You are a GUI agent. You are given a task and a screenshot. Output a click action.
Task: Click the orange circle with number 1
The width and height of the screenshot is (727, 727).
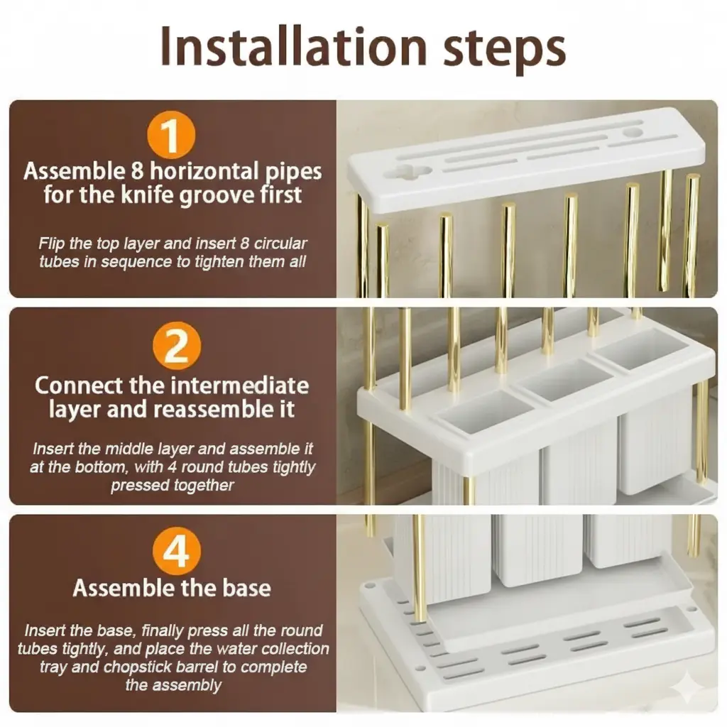(171, 134)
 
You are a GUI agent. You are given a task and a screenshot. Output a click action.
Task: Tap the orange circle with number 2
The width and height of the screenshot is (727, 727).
(177, 346)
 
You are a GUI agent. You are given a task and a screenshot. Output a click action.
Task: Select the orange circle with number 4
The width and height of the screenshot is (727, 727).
(177, 551)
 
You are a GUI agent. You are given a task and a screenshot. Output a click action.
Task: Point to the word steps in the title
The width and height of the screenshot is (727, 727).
(505, 50)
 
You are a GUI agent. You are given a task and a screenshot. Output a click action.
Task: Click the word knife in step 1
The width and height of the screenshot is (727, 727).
(148, 195)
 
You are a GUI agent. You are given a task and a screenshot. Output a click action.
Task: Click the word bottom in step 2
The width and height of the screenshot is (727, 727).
(104, 467)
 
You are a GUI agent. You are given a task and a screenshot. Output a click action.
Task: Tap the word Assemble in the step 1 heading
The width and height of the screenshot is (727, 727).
(74, 171)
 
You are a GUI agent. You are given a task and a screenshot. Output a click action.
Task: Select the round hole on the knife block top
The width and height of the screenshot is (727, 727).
(633, 133)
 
